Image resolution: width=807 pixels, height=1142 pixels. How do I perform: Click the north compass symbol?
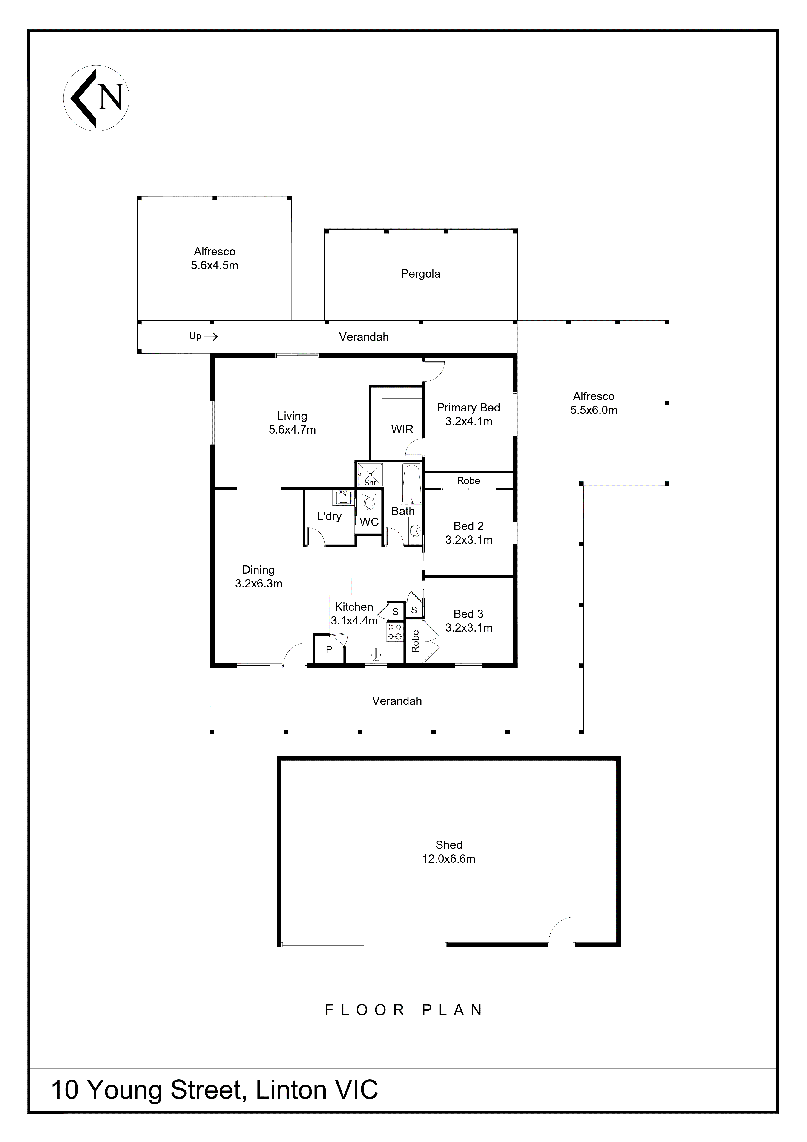96,98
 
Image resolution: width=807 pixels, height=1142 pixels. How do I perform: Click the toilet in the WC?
368,501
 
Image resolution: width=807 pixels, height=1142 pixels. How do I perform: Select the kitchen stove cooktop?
395,632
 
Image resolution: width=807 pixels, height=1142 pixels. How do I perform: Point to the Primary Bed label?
468,408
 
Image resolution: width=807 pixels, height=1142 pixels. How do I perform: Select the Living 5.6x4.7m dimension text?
292,430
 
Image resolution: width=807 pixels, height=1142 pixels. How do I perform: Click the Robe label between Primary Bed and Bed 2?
468,480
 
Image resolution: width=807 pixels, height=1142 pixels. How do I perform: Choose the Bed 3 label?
468,614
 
